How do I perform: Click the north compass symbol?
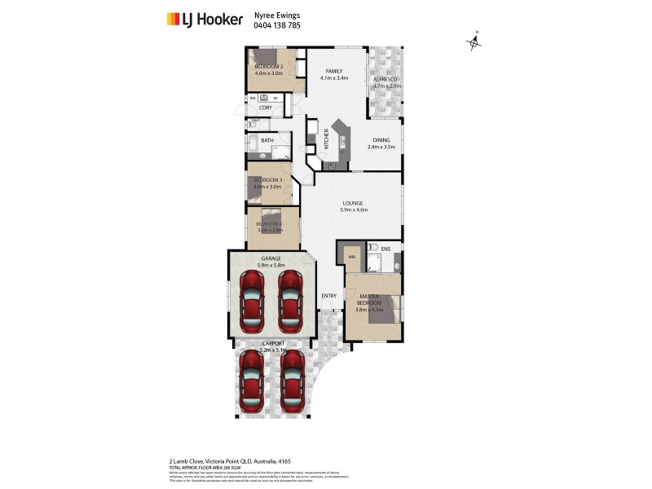(x=475, y=42)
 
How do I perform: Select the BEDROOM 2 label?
(x=268, y=66)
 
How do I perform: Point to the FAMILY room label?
(x=335, y=71)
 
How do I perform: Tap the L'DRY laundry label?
(x=265, y=108)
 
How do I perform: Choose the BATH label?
(x=267, y=140)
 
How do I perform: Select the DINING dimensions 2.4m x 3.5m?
(x=381, y=148)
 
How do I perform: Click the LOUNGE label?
(x=353, y=203)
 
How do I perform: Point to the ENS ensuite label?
(x=385, y=247)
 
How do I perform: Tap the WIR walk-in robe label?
(x=352, y=257)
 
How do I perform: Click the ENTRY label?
(x=329, y=296)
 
